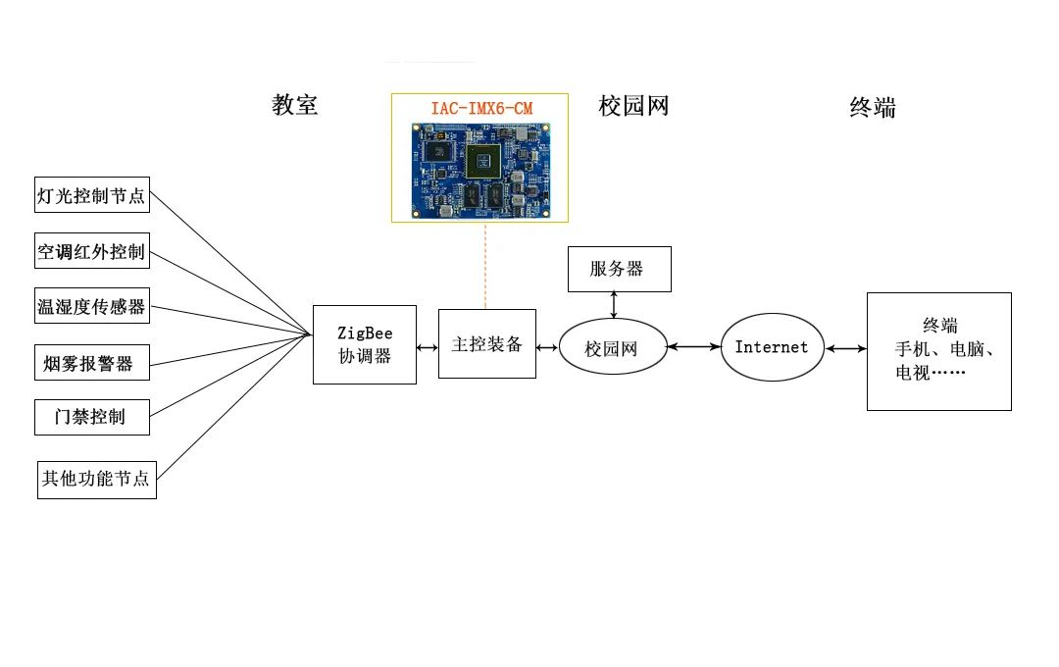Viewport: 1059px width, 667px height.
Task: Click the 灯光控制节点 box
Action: pyautogui.click(x=92, y=194)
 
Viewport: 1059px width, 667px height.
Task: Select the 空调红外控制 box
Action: pyautogui.click(x=92, y=251)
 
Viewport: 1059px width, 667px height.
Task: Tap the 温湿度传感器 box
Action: pyautogui.click(x=92, y=305)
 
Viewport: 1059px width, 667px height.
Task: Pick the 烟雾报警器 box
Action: pyautogui.click(x=92, y=362)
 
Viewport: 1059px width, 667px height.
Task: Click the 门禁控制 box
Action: pyautogui.click(x=92, y=417)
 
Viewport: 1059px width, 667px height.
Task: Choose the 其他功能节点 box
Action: pyautogui.click(x=96, y=480)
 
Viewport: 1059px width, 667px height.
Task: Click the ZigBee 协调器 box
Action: pyautogui.click(x=365, y=344)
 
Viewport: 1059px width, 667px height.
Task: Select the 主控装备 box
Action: pyautogui.click(x=487, y=344)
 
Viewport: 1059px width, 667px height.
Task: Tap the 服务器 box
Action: pyautogui.click(x=620, y=269)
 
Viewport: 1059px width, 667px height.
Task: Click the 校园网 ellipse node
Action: pyautogui.click(x=613, y=346)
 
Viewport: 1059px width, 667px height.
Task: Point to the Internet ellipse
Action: pyautogui.click(x=773, y=346)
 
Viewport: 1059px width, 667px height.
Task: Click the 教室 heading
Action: pyautogui.click(x=294, y=105)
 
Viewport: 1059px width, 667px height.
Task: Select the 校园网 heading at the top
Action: pyautogui.click(x=633, y=106)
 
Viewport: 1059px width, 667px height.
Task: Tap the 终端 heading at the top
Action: pyautogui.click(x=873, y=108)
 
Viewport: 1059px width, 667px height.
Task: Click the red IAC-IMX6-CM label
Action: pyautogui.click(x=481, y=108)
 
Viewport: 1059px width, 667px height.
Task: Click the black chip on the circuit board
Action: pyautogui.click(x=482, y=161)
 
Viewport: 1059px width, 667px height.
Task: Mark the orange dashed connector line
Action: pyautogui.click(x=485, y=266)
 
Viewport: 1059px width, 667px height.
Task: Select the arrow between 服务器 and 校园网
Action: pyautogui.click(x=614, y=305)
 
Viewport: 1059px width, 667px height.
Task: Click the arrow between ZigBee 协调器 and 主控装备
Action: pyautogui.click(x=428, y=347)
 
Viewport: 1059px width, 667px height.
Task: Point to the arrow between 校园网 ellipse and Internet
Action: pyautogui.click(x=694, y=346)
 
